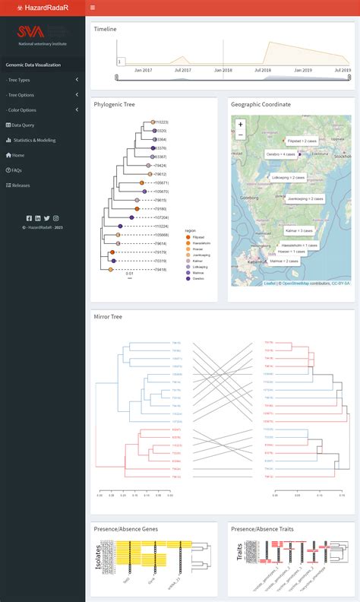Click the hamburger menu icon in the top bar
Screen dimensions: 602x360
[x=93, y=7]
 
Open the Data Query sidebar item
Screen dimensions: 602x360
[x=22, y=125]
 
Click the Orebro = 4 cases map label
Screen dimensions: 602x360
[x=265, y=154]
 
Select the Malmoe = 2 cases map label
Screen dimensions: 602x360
[x=284, y=261]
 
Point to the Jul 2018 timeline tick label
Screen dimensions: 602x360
[x=263, y=70]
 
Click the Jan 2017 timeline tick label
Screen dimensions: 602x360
[x=143, y=70]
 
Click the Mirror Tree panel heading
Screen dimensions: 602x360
[x=109, y=316]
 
